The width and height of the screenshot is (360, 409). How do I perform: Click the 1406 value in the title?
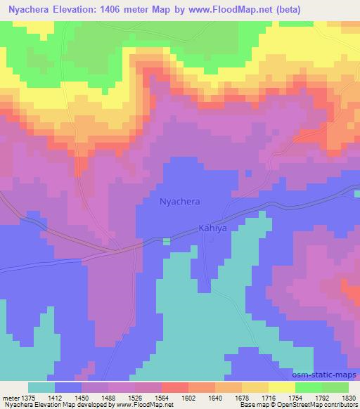(139, 10)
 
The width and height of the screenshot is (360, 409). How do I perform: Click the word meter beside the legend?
(10, 397)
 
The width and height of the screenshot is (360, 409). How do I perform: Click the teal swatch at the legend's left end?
(41, 387)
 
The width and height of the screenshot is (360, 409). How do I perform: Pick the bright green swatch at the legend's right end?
(335, 387)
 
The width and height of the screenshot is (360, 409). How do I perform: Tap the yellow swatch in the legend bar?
(281, 387)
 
